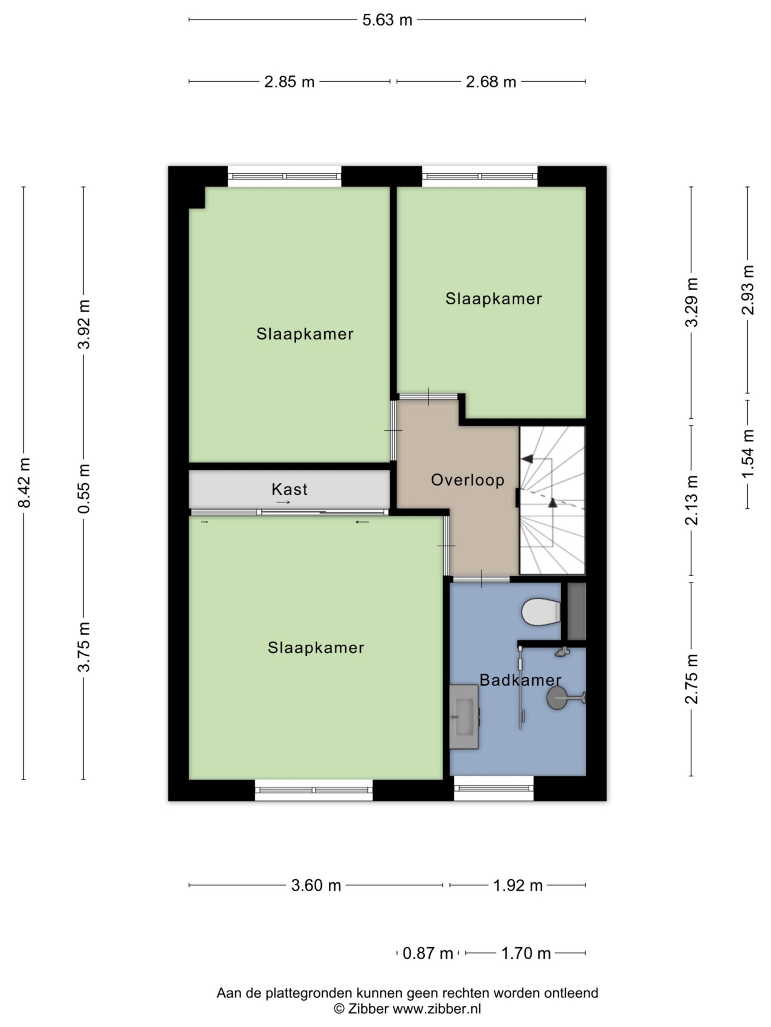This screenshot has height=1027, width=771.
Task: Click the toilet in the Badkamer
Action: (x=541, y=611)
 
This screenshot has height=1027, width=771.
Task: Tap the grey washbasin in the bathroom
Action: (x=464, y=716)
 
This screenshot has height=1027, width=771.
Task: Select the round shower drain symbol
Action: (x=557, y=698)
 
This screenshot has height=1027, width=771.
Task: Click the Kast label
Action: (x=289, y=489)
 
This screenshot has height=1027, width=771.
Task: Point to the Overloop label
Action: (x=467, y=480)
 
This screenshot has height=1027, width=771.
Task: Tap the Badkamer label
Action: (x=520, y=680)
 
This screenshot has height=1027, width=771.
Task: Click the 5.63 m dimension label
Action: (x=387, y=20)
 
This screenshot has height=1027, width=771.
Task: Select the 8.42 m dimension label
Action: (x=24, y=482)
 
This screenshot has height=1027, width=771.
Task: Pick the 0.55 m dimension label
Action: (x=84, y=488)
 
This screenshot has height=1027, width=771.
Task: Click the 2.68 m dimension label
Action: (x=491, y=82)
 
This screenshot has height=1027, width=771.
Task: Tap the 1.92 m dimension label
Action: (x=518, y=885)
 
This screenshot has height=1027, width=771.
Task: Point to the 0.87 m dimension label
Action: (x=427, y=953)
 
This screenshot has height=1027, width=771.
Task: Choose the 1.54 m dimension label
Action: (x=748, y=454)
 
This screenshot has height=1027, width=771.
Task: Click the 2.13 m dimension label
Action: (x=691, y=500)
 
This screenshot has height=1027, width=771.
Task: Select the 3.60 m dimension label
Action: (x=316, y=885)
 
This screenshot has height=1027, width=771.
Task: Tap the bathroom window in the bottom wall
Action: (x=494, y=788)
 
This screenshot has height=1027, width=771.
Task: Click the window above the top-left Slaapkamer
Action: (x=285, y=176)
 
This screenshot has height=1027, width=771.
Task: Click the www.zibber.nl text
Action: (x=437, y=1009)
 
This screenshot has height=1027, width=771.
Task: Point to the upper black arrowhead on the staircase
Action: (x=527, y=459)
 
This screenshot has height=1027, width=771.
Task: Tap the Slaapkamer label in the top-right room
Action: (x=493, y=299)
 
